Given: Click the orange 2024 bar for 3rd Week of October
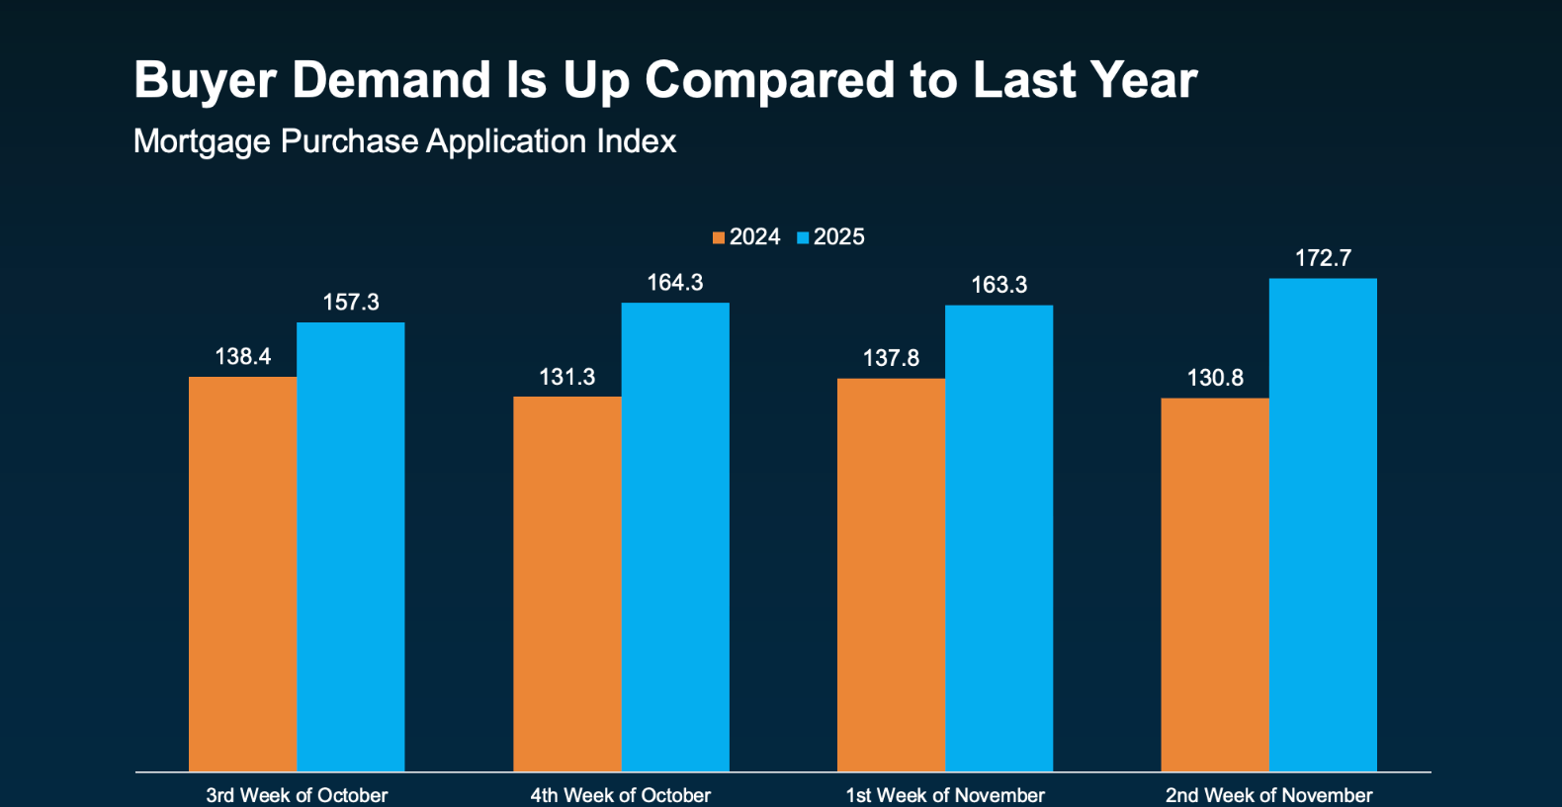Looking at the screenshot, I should coord(242,574).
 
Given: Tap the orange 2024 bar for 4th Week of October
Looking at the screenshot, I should coord(566,583).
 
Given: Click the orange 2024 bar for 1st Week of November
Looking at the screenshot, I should coord(891,575).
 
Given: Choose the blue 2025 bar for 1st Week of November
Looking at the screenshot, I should coord(999,538).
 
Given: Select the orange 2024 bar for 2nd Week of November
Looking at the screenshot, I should coord(1215,584).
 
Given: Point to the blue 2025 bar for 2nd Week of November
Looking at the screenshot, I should coord(1323,524).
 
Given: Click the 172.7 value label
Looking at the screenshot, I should coord(1323,258).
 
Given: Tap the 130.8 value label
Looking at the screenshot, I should coord(1215,378).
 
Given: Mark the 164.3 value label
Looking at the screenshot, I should coord(675,283).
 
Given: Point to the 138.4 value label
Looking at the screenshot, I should coord(242,356).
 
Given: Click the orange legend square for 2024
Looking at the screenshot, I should coord(719,237).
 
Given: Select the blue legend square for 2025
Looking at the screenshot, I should coord(803,237).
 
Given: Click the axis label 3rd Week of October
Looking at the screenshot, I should coord(297,795).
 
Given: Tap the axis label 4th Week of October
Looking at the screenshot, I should coord(621,795).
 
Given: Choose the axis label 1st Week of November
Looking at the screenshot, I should coord(945,795).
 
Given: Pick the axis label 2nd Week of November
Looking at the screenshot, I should coord(1268,795).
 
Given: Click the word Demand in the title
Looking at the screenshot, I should coord(391,80).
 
